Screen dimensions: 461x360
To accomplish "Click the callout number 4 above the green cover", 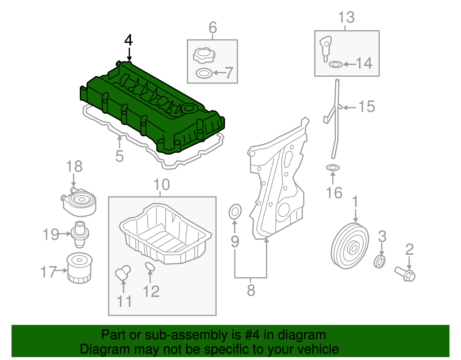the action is coord(129,40).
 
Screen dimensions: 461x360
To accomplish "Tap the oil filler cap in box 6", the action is coord(204,55).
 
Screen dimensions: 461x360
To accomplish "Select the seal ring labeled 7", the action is coord(204,73).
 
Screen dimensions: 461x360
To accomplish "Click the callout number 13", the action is coord(346,17).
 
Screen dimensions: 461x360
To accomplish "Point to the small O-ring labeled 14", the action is coord(336,64).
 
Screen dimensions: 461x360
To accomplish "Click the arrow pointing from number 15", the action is coord(349,108).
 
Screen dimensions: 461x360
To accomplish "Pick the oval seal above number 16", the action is coord(333,167).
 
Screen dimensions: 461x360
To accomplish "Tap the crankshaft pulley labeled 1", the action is coord(350,246).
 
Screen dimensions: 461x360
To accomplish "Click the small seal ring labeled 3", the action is coord(379,262).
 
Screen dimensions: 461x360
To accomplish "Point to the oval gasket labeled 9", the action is coord(235,212).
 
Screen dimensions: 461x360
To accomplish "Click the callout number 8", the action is coord(251,290).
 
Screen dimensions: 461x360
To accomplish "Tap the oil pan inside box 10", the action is coord(165,233).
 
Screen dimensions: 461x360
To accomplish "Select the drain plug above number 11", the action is coord(123,273).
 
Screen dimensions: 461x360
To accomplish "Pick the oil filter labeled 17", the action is coord(80,268).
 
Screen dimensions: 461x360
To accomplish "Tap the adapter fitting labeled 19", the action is coord(80,234).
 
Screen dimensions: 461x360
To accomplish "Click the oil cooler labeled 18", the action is coord(79,202).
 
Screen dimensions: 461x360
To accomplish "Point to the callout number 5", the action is coord(120,156).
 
